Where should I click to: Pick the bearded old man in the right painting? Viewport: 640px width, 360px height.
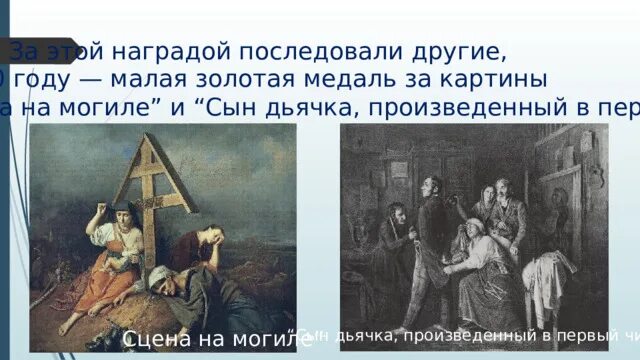click(x=505, y=195)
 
